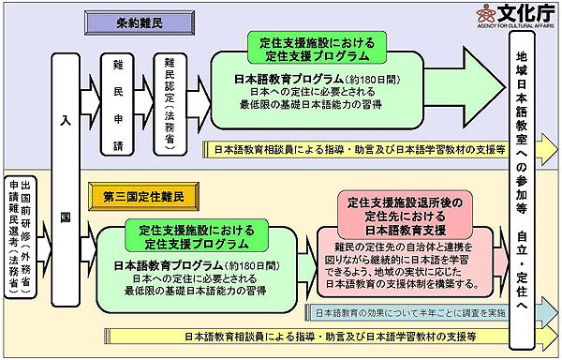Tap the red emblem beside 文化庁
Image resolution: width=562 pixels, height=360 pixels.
click(485, 15)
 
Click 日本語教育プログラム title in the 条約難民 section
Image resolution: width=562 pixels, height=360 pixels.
click(290, 82)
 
